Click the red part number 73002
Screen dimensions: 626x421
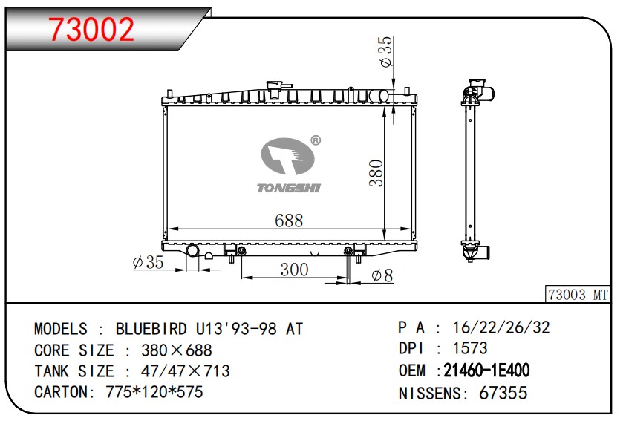click(92, 30)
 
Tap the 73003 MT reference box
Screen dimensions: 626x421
click(578, 295)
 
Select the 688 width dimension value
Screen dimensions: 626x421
click(289, 221)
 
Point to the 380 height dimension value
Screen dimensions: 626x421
click(376, 173)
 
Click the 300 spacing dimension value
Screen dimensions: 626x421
click(294, 270)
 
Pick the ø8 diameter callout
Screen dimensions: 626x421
click(382, 275)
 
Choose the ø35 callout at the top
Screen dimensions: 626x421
click(386, 52)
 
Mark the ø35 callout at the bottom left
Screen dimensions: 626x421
click(148, 262)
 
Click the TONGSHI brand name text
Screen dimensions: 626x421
click(289, 188)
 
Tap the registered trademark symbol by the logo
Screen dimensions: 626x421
click(316, 140)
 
